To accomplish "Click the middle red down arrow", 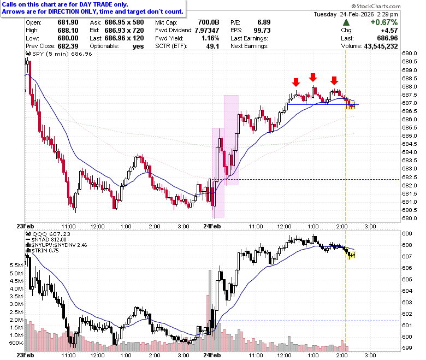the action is tap(313, 77).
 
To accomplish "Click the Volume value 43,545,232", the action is tap(381, 46).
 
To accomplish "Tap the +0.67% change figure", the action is tap(384, 22).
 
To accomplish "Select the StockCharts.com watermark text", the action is tap(376, 6).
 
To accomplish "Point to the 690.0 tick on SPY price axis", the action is tap(410, 53).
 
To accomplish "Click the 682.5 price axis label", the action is tap(410, 177).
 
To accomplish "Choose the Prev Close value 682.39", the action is tap(68, 46).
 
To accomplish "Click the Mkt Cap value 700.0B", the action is tap(209, 22).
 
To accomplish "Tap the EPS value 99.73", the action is tap(262, 31).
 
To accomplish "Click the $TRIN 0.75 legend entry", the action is tap(45, 251).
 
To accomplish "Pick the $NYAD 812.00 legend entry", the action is tap(49, 240).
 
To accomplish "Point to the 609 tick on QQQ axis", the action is tap(407, 234).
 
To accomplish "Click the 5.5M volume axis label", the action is tap(16, 265).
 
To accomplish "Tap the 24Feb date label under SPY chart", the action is tap(212, 226).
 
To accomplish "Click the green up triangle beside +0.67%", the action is tap(346, 22).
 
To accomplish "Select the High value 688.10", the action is tap(68, 31).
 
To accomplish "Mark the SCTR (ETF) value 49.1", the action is tap(212, 46).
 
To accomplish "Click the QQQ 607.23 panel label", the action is tap(51, 234).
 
